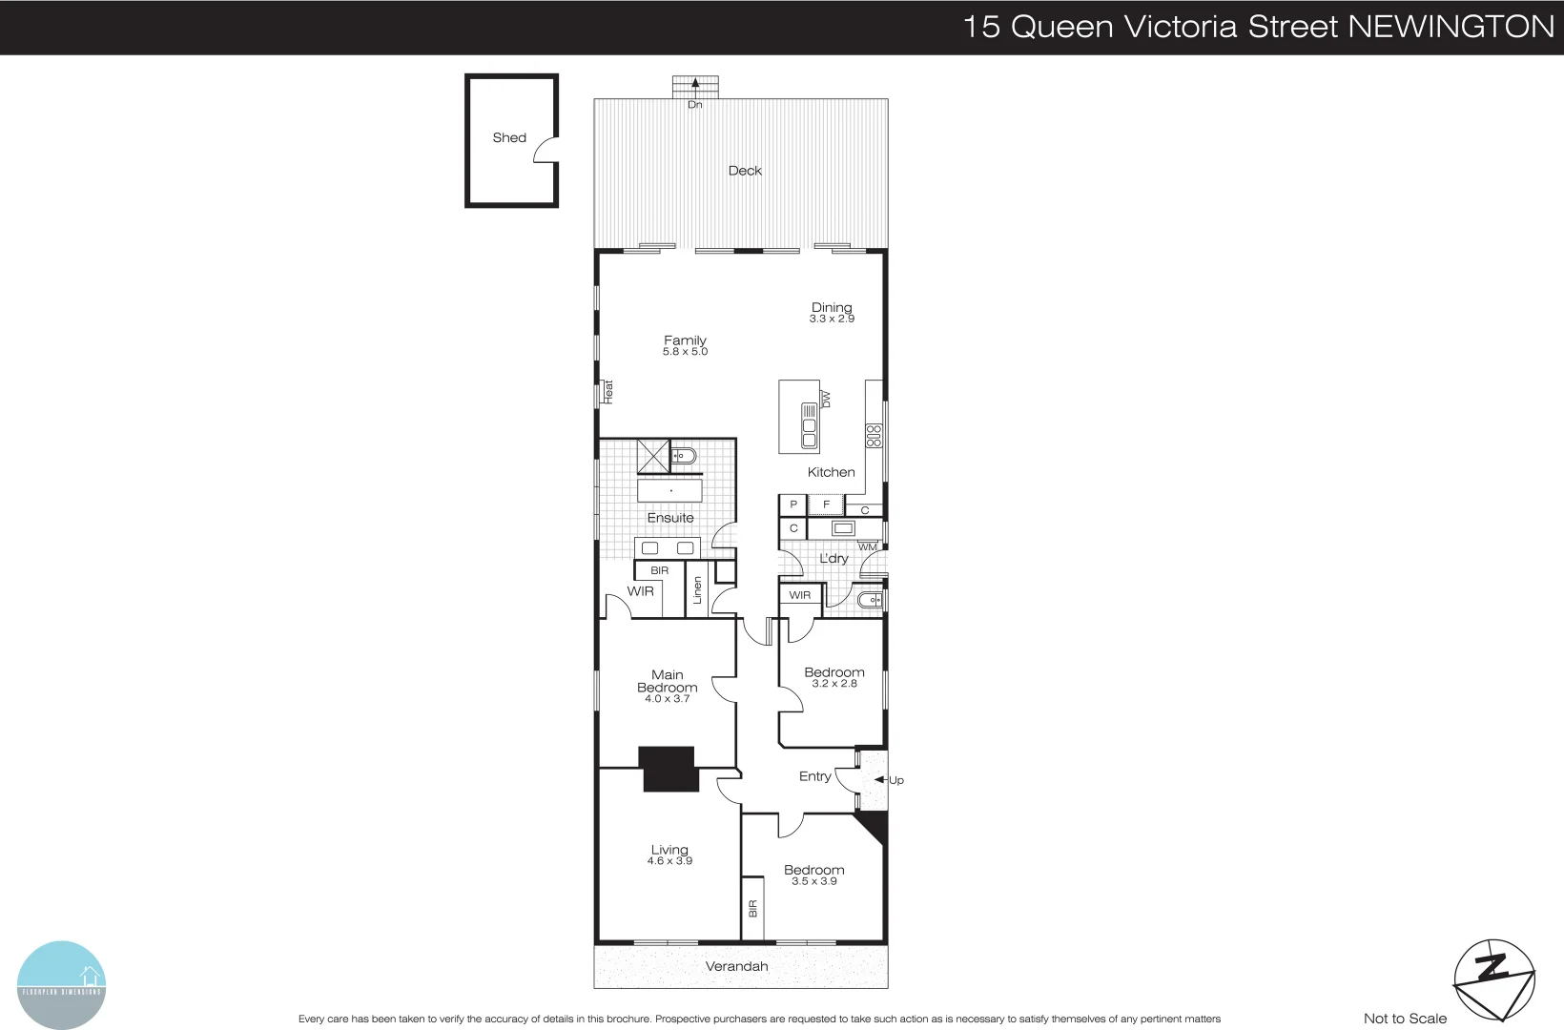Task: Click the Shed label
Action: (x=509, y=137)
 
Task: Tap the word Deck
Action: (x=745, y=171)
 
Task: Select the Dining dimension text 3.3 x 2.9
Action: (x=832, y=319)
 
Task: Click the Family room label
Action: (x=685, y=340)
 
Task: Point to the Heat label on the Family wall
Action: (x=608, y=391)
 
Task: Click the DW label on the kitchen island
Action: (x=827, y=400)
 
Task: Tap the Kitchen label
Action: (x=831, y=472)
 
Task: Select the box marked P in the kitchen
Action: (x=792, y=505)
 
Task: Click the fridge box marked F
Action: (x=827, y=505)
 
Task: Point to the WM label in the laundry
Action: (x=867, y=547)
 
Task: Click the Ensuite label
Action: (x=670, y=518)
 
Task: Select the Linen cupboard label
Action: (x=698, y=591)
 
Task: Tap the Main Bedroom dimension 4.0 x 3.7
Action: (x=667, y=699)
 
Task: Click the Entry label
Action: (x=814, y=776)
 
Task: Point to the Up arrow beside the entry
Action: (x=880, y=780)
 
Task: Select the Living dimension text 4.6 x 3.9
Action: (x=669, y=861)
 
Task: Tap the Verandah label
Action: (x=736, y=966)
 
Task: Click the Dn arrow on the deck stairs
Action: (x=695, y=85)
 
